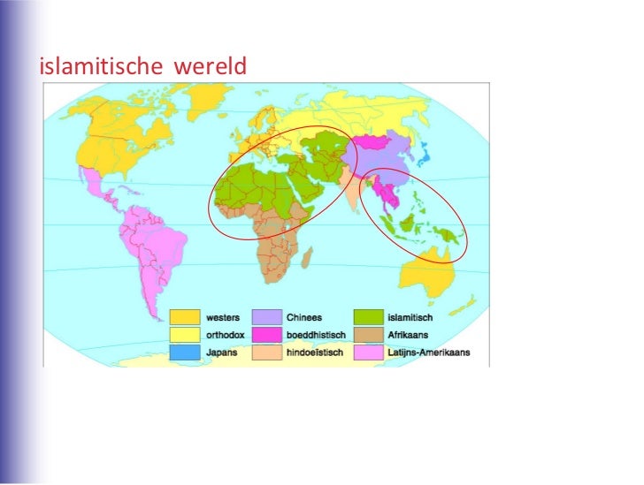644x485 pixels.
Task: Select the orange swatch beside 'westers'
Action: tap(185, 317)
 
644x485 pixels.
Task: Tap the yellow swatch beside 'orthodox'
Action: tap(185, 335)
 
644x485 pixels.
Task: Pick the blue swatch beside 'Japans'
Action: tap(185, 352)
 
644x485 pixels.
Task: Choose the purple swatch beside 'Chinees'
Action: tap(267, 317)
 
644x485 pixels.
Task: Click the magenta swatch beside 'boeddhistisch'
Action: tap(267, 335)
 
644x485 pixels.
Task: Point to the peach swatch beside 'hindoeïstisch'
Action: tap(267, 352)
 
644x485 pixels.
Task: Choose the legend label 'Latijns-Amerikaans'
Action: tap(427, 352)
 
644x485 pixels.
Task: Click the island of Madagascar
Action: tap(306, 258)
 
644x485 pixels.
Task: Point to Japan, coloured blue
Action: tap(428, 161)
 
